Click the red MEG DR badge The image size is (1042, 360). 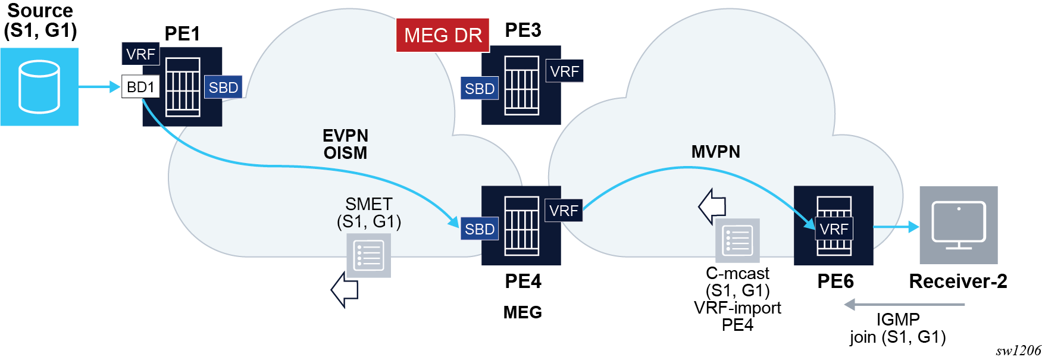(443, 35)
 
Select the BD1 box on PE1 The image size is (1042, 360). (140, 87)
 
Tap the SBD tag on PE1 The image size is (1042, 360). (223, 87)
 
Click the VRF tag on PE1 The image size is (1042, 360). (140, 54)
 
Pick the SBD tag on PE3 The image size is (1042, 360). (480, 89)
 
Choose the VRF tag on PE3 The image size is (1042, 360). (564, 71)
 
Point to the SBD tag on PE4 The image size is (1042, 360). (480, 229)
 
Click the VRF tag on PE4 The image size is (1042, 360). (564, 211)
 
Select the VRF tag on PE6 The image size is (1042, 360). (834, 229)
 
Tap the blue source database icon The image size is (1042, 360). (39, 87)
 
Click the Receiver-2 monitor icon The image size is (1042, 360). (958, 225)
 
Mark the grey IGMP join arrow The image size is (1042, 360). (905, 305)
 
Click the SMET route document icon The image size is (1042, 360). (369, 255)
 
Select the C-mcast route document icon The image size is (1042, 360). (737, 240)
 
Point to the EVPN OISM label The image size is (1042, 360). (345, 144)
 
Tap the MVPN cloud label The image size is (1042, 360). (715, 152)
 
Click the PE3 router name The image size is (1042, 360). (522, 30)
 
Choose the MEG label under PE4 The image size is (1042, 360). (522, 312)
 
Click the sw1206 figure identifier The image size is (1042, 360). (1018, 350)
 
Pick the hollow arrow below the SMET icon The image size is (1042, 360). (345, 290)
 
